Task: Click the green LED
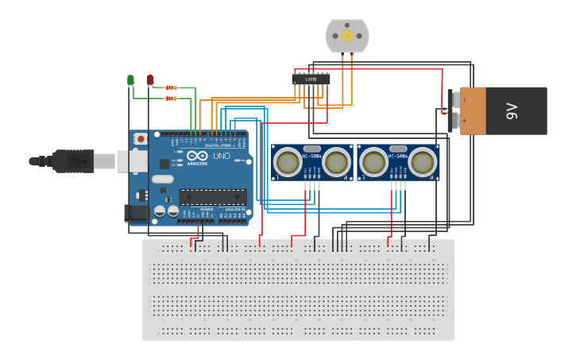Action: click(130, 79)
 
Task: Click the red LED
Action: click(150, 79)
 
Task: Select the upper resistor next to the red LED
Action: click(171, 87)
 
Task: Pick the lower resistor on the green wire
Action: click(171, 99)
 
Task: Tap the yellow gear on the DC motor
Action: click(347, 36)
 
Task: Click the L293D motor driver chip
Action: click(311, 79)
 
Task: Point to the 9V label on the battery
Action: click(512, 110)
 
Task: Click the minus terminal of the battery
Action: click(454, 99)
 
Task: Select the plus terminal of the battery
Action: click(454, 121)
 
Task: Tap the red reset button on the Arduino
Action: click(141, 139)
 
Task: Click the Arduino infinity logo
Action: click(197, 156)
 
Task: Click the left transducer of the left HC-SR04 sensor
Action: click(287, 163)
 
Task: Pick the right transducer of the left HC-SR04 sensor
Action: click(337, 163)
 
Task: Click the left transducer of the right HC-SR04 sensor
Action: click(373, 163)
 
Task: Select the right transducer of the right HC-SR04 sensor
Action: click(423, 163)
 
